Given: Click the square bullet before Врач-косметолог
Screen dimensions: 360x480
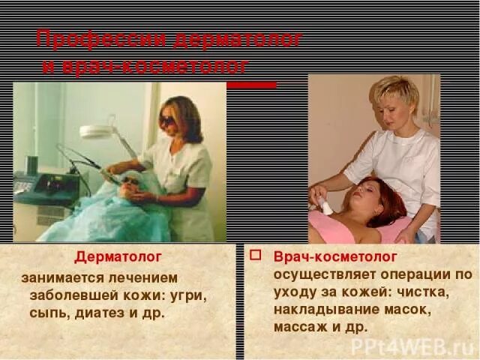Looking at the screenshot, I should (x=255, y=254).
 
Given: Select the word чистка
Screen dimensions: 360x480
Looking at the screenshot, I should (x=414, y=292).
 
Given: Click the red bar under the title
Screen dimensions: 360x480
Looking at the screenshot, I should (x=250, y=85).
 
